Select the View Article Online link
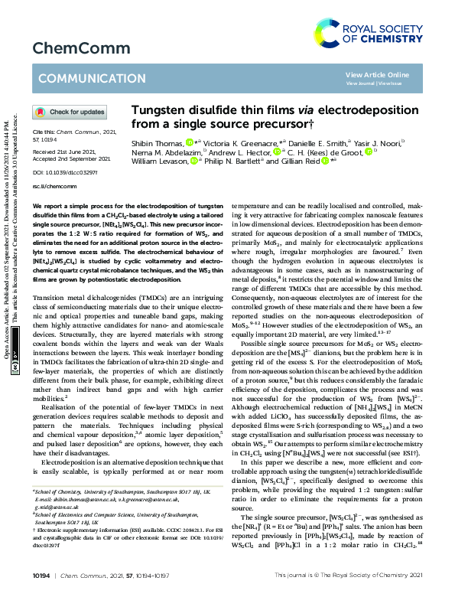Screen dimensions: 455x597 [x=377, y=74]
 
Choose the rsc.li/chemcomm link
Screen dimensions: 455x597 [x=52, y=186]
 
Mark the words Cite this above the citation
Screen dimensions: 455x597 [x=45, y=131]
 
